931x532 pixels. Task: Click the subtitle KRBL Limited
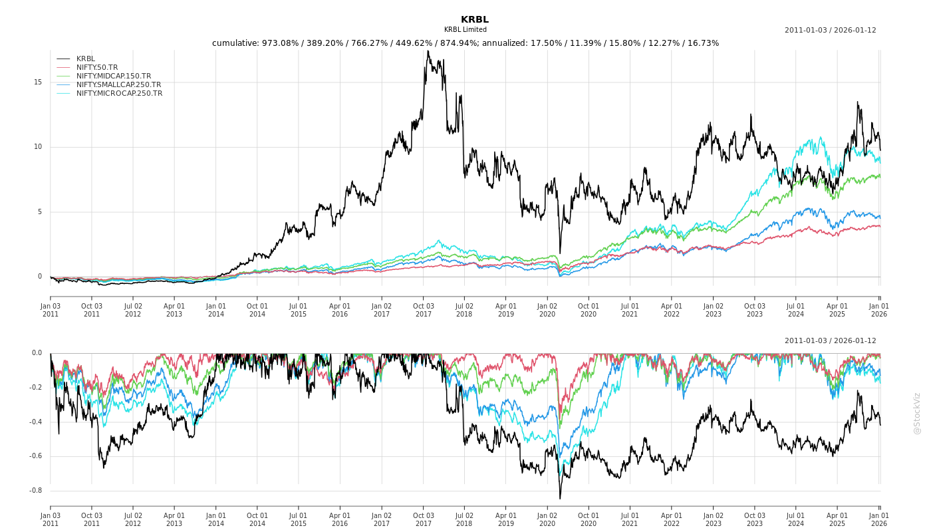click(465, 30)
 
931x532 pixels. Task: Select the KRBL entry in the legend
click(86, 59)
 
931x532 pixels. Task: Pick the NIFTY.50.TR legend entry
click(97, 67)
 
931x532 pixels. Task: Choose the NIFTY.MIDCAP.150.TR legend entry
click(114, 76)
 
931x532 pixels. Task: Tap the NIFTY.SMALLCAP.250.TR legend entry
click(118, 84)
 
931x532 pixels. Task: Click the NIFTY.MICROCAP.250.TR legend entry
click(119, 93)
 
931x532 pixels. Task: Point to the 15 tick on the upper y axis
click(38, 82)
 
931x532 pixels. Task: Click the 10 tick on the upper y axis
click(38, 147)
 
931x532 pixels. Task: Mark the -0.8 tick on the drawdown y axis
click(37, 491)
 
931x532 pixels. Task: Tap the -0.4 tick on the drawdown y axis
click(37, 422)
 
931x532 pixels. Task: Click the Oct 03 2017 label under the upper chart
click(423, 310)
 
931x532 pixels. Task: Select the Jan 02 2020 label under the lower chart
click(547, 519)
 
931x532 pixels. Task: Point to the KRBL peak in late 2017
click(428, 51)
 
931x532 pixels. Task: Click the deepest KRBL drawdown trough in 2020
click(560, 498)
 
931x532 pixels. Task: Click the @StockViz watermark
click(917, 413)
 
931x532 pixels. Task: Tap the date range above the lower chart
click(830, 340)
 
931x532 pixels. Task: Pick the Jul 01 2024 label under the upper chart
click(796, 310)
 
